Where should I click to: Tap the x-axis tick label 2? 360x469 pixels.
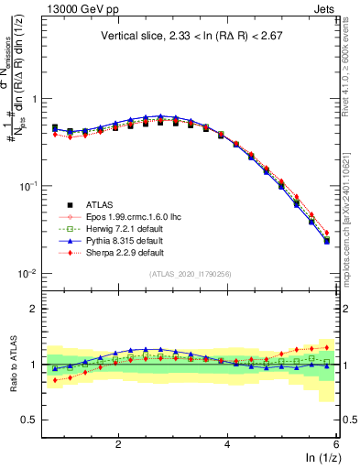click(x=118, y=442)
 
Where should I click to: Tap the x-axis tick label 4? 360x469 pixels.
click(x=227, y=442)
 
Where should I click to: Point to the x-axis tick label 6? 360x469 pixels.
click(x=336, y=442)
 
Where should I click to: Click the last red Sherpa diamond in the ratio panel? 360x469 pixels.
click(x=327, y=347)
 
